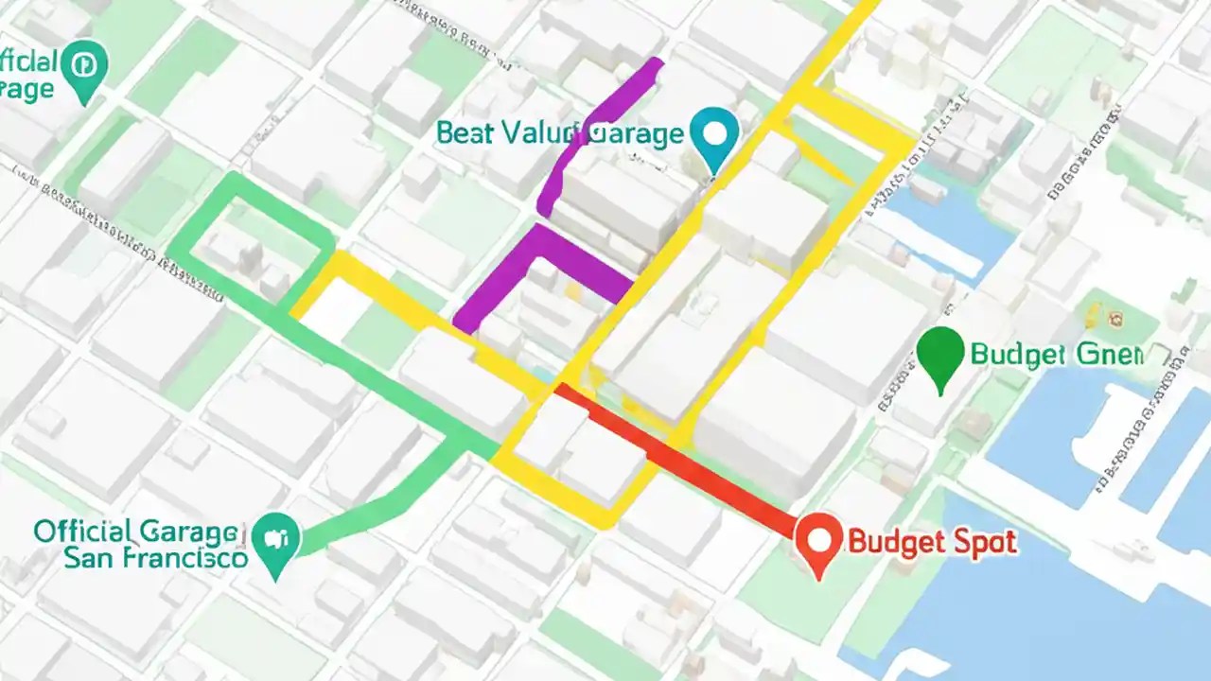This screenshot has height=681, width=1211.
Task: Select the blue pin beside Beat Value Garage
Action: (714, 134)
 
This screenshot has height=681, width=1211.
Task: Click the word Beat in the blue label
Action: (465, 133)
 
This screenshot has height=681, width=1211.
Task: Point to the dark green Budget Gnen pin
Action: (940, 355)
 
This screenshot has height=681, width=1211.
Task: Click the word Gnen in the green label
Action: (1109, 356)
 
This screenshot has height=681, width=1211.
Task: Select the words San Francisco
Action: (155, 557)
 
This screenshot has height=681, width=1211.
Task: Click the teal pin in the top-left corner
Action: (84, 67)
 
